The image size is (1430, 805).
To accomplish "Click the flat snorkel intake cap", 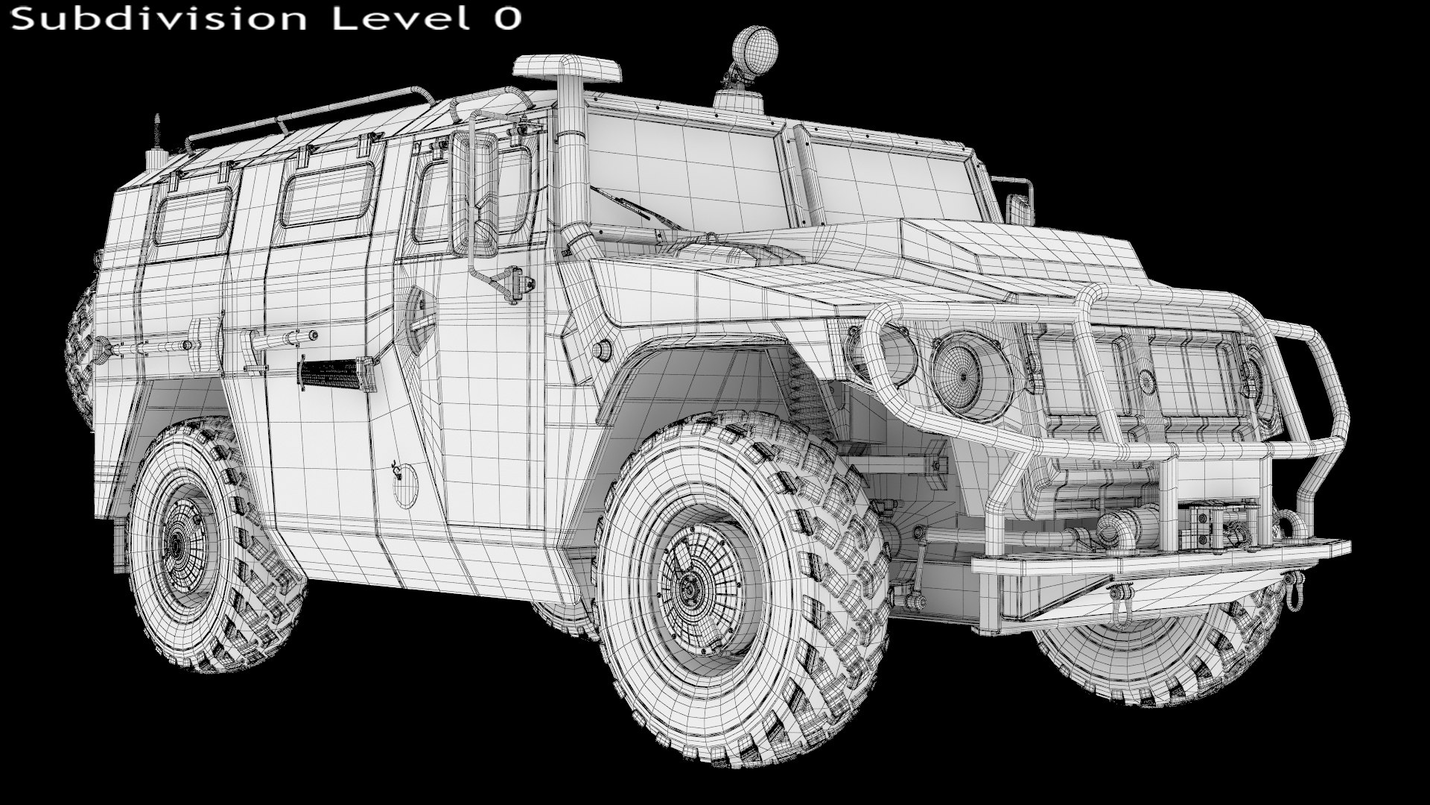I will coord(567,69).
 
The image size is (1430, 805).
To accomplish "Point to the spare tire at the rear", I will coord(81,350).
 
